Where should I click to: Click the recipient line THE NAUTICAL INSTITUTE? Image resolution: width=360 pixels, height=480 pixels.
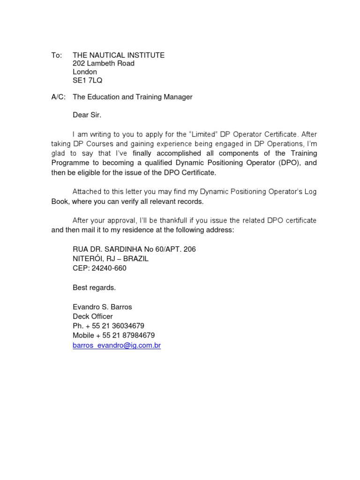(x=119, y=55)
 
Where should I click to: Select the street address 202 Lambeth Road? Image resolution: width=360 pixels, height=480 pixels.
(x=104, y=63)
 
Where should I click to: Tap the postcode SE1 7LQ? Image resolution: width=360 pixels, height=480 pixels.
(x=87, y=81)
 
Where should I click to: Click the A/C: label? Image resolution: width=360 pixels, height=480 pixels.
(x=59, y=97)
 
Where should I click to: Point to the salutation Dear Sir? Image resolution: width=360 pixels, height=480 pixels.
(x=87, y=114)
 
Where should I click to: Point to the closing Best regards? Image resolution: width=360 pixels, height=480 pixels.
(x=94, y=288)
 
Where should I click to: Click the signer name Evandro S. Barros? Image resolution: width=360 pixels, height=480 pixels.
(x=102, y=307)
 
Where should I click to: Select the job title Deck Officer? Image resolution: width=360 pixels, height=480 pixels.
(x=93, y=316)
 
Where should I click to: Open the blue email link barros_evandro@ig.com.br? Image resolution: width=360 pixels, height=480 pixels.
(x=117, y=345)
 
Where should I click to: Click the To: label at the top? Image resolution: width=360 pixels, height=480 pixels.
(x=56, y=55)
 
